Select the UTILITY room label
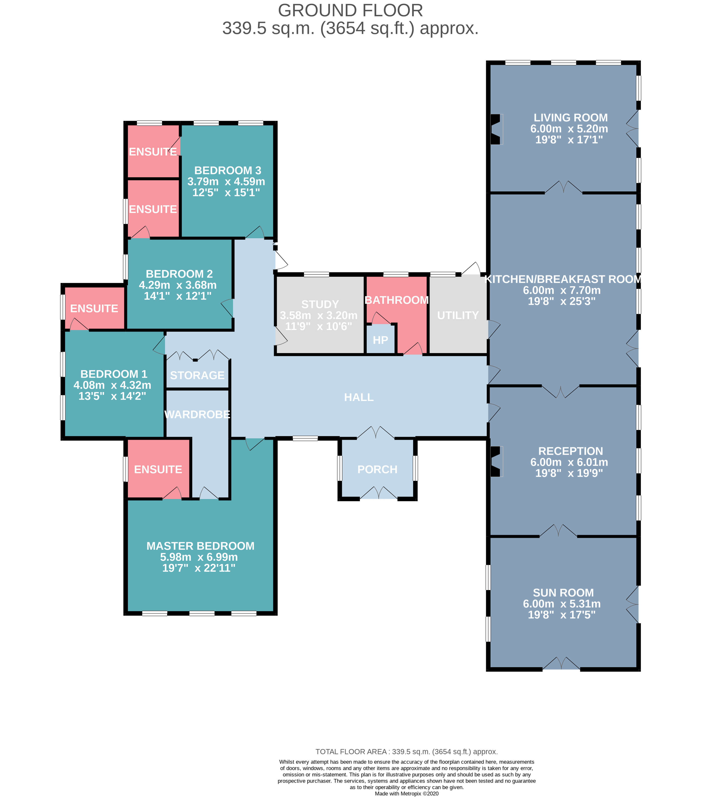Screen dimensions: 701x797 [x=458, y=315]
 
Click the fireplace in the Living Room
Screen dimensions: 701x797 [x=496, y=129]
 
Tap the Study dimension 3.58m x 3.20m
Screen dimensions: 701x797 [x=318, y=315]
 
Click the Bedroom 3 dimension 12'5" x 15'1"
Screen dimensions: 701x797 [x=226, y=192]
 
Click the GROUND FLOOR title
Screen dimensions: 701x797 [x=350, y=10]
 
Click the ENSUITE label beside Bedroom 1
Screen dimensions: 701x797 [x=94, y=309]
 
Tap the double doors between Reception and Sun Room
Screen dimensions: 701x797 [x=558, y=531]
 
